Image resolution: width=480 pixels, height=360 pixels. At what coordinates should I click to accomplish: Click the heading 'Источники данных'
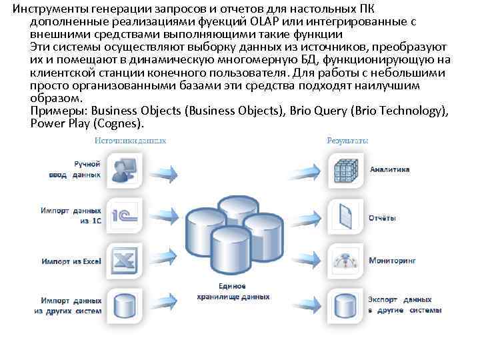130,141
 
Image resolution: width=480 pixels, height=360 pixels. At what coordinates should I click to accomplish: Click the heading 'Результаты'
348,141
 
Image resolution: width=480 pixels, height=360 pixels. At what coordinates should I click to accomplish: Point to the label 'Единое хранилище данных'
233,291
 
